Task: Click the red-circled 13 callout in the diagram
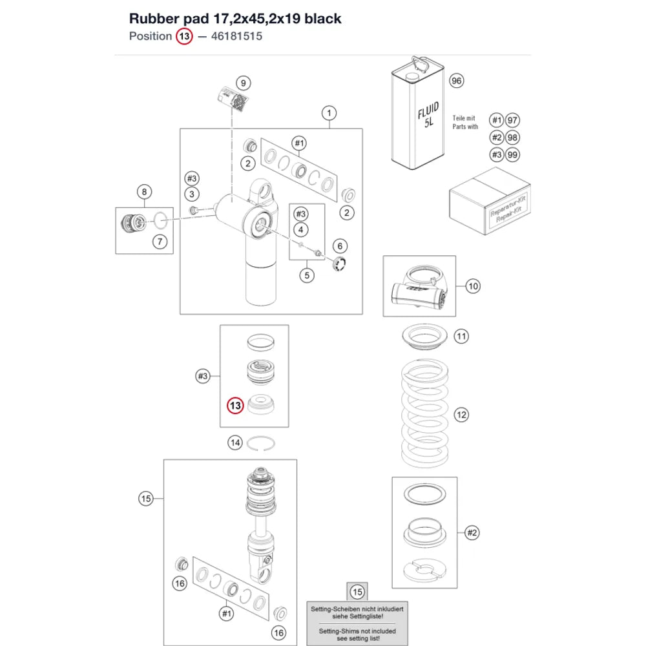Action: pos(235,406)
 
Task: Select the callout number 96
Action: pos(457,81)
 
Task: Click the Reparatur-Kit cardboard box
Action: pos(490,201)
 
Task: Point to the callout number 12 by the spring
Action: pos(461,415)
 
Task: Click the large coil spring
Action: pos(425,413)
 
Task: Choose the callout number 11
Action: pos(461,336)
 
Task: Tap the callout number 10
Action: pos(473,286)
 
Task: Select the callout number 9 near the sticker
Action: pos(244,83)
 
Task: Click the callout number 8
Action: pos(144,192)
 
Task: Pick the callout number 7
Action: pos(160,242)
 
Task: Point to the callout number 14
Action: pos(235,443)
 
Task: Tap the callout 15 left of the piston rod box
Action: pos(146,499)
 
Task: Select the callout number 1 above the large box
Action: pos(329,113)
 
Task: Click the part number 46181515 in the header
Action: pos(236,36)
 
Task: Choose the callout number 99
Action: pos(512,155)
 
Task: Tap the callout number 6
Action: pos(340,246)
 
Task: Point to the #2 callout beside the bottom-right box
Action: pos(472,533)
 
